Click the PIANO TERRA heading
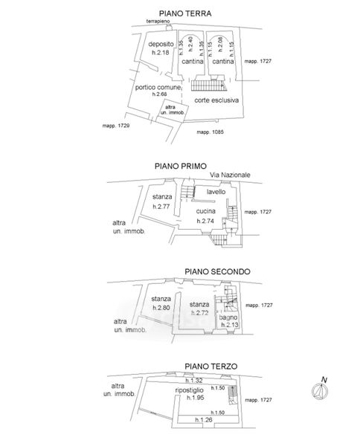click(x=185, y=13)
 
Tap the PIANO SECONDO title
click(x=217, y=271)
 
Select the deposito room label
click(x=161, y=44)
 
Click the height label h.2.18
click(x=160, y=52)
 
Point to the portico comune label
click(x=158, y=87)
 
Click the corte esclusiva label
click(x=216, y=100)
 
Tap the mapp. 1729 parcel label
click(x=116, y=126)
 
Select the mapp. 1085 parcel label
click(x=210, y=132)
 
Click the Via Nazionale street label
click(x=230, y=175)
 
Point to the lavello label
click(x=216, y=192)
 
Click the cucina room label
click(x=205, y=211)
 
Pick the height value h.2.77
click(x=161, y=207)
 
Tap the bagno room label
click(x=228, y=317)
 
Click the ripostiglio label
click(x=189, y=390)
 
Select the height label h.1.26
click(x=204, y=419)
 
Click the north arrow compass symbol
click(x=320, y=389)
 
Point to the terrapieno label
click(x=158, y=21)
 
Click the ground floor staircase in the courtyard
click(x=209, y=85)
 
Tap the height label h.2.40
click(x=190, y=44)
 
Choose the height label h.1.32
click(x=194, y=381)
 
